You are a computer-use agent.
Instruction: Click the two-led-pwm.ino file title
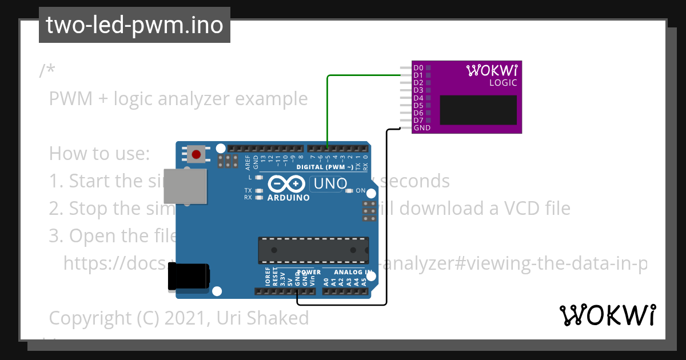point(134,25)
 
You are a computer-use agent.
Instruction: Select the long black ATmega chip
point(313,250)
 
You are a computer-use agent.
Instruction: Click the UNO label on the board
point(329,184)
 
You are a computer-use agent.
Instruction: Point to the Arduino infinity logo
point(288,184)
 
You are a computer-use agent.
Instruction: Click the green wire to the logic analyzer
point(354,75)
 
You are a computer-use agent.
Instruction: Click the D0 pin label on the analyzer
point(418,68)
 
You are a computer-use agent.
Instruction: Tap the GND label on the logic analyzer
point(422,128)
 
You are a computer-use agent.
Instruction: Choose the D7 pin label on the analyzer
point(418,121)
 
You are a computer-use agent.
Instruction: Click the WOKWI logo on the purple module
point(492,70)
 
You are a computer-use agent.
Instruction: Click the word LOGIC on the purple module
point(503,83)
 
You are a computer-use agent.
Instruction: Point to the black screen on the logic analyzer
point(478,110)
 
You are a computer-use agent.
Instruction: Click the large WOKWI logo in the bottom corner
point(607,315)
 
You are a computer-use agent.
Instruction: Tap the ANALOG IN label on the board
point(353,273)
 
